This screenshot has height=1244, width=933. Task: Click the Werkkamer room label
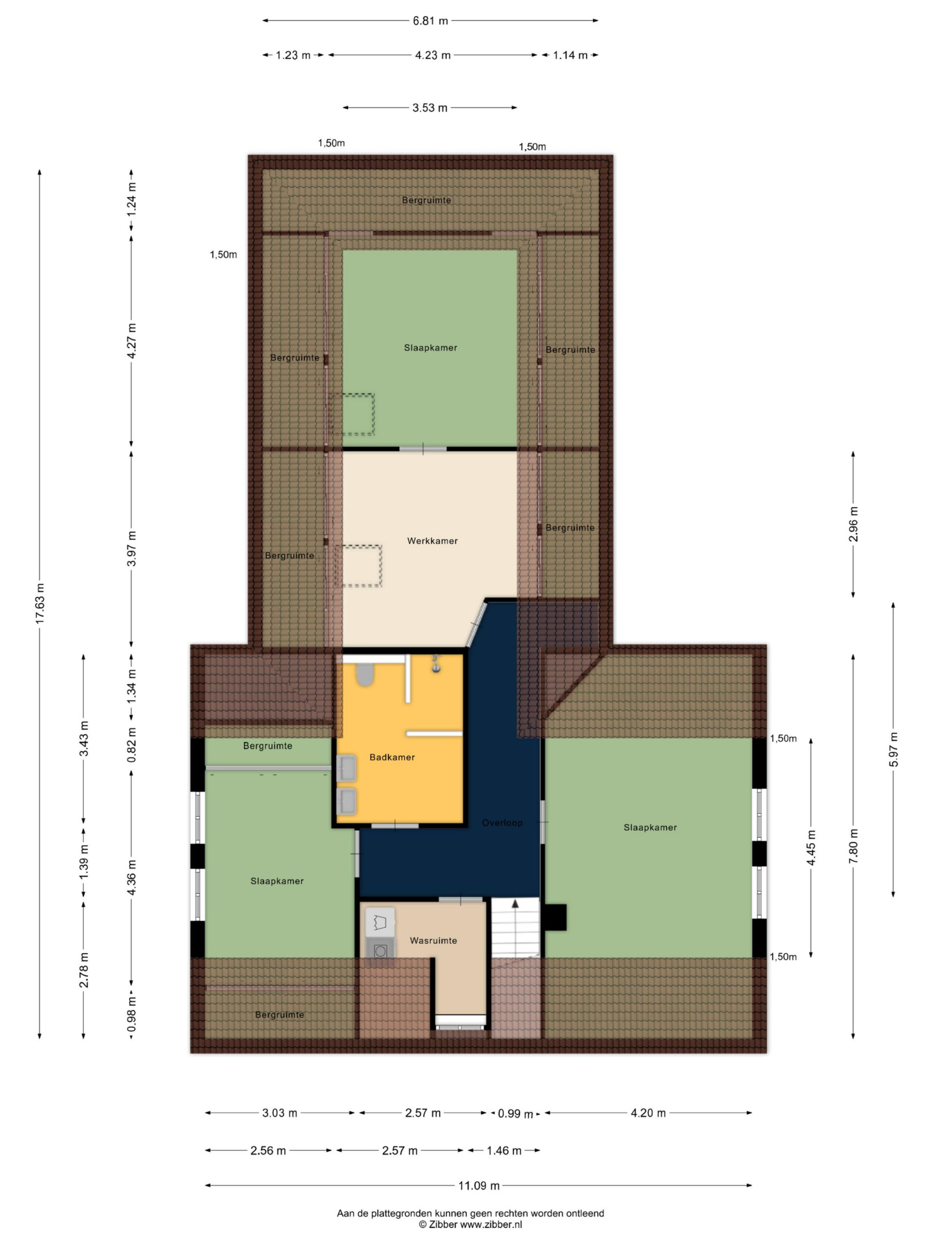(x=432, y=541)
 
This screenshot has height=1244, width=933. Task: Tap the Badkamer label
(x=392, y=757)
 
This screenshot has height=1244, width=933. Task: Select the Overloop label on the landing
(x=502, y=823)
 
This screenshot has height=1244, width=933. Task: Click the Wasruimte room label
(x=433, y=940)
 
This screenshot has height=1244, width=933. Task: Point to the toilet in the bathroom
(x=365, y=674)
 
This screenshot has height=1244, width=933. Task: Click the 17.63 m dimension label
(x=39, y=604)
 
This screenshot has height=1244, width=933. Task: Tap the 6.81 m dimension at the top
(x=430, y=21)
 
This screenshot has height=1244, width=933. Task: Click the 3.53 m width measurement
(x=430, y=107)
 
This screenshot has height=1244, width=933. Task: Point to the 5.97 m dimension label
(x=893, y=750)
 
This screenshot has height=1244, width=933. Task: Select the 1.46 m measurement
(x=504, y=1150)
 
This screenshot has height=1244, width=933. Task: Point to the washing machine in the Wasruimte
(x=380, y=950)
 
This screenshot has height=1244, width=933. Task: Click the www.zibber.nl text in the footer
(x=491, y=1224)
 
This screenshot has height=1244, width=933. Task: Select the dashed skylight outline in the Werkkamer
(x=358, y=566)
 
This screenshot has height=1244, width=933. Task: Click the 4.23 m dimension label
(x=432, y=55)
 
